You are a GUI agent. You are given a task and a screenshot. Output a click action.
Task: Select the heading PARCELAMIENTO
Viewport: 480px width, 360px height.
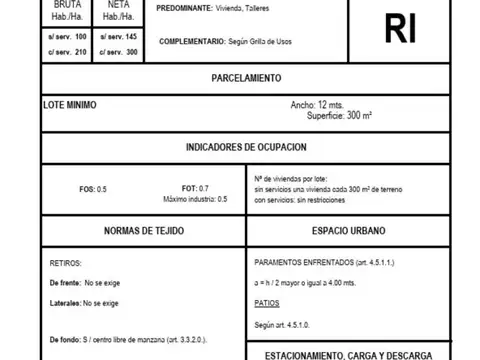pyautogui.click(x=246, y=78)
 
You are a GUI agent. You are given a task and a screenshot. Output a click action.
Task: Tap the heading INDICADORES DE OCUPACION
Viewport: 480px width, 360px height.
pyautogui.click(x=246, y=147)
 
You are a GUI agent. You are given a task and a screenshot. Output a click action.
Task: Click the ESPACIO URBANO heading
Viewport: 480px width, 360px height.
pyautogui.click(x=347, y=231)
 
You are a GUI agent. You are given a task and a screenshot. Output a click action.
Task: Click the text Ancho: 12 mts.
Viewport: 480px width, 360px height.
pyautogui.click(x=316, y=104)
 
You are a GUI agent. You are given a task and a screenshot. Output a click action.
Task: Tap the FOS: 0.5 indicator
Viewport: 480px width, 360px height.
pyautogui.click(x=93, y=188)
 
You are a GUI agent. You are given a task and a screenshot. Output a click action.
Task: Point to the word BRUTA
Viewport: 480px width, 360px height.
pyautogui.click(x=69, y=5)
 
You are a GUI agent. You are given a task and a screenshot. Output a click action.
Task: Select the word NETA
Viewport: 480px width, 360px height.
pyautogui.click(x=117, y=5)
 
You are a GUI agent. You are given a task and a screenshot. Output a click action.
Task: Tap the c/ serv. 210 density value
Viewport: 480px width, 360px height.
pyautogui.click(x=69, y=51)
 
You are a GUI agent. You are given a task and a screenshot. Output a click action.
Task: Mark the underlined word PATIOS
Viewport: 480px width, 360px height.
pyautogui.click(x=267, y=301)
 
